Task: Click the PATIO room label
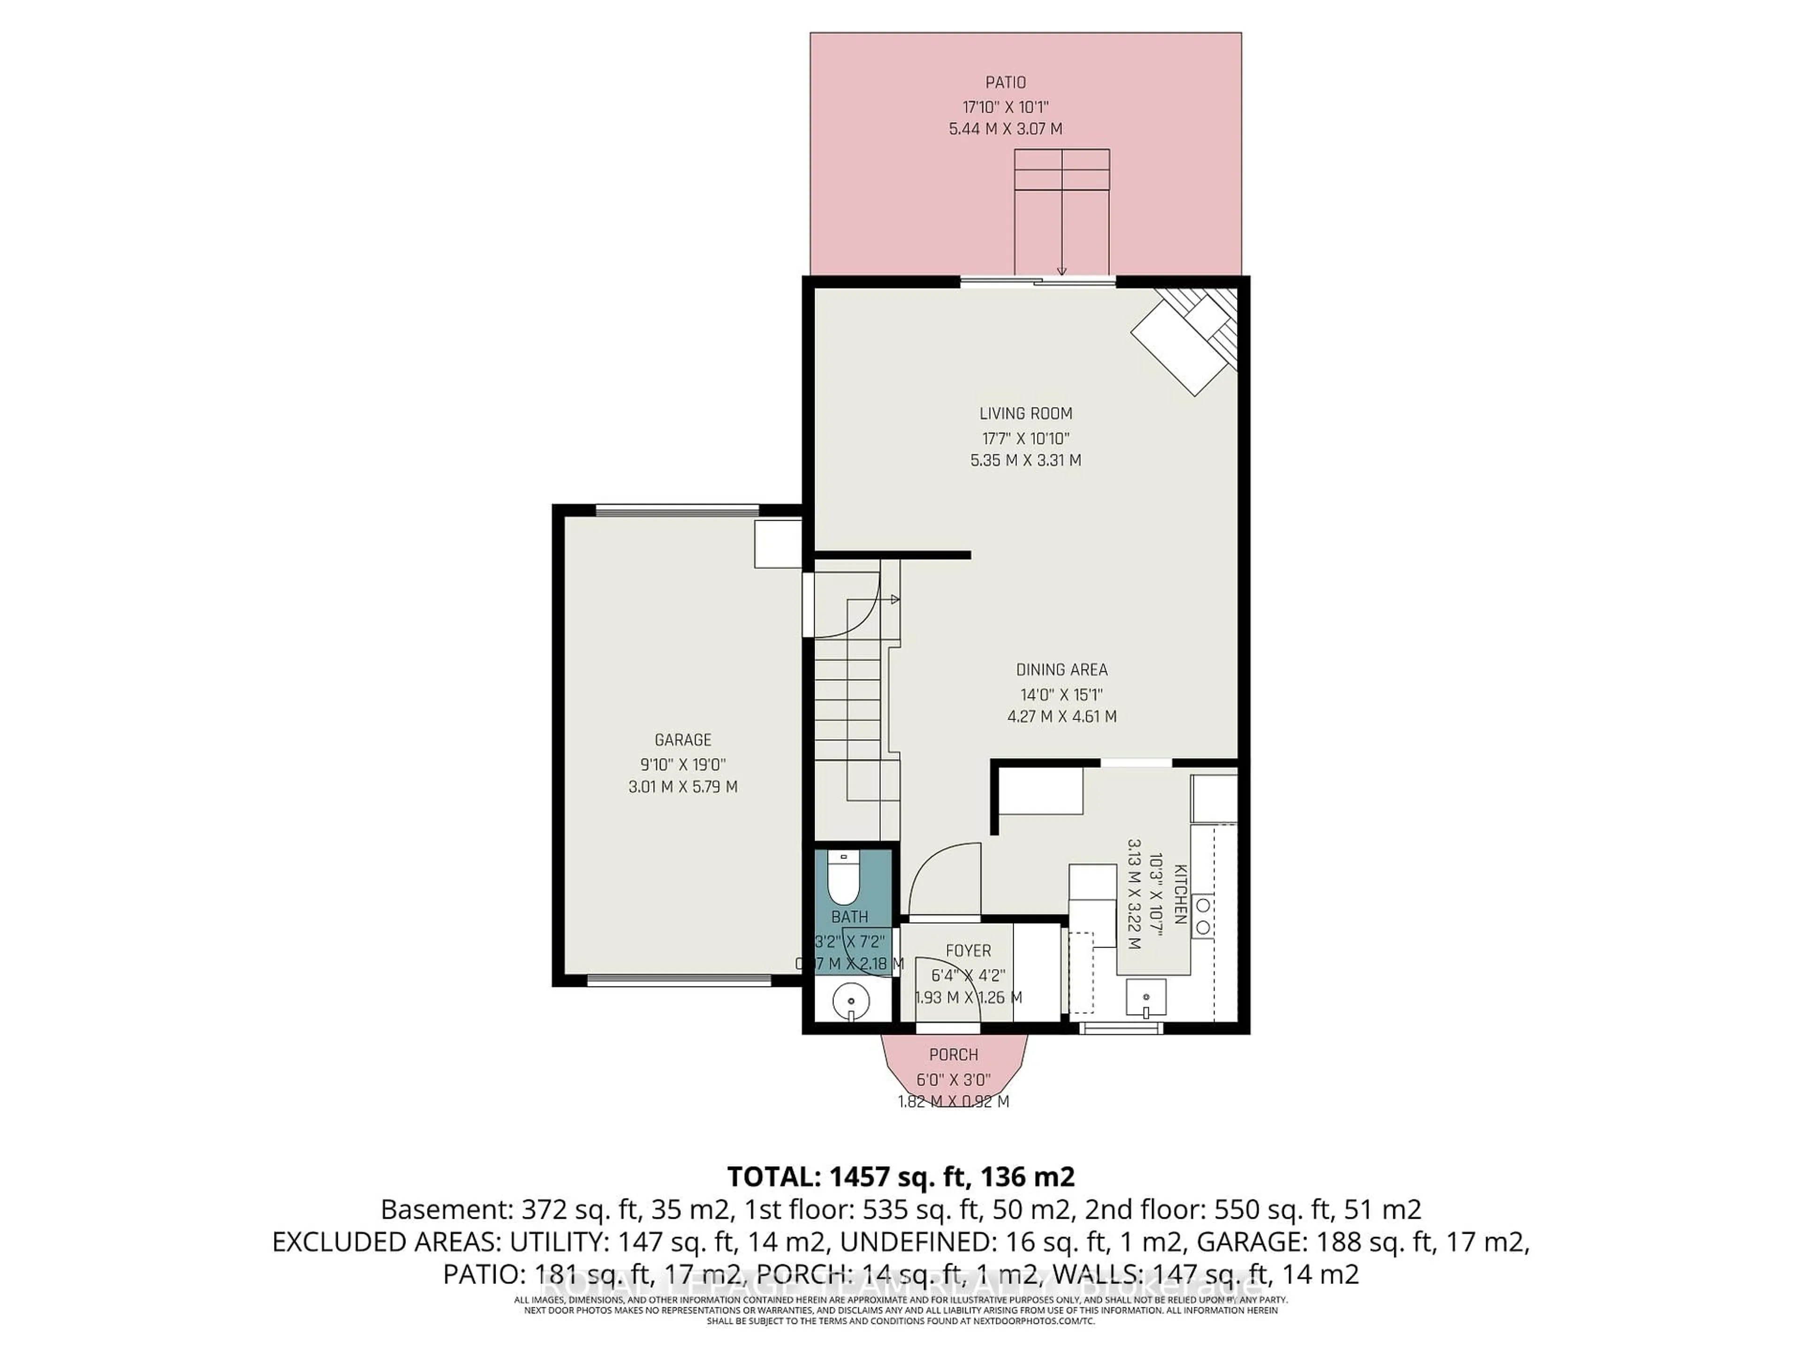tap(1005, 82)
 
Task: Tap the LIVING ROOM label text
tap(1026, 414)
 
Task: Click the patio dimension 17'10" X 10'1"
tap(1005, 106)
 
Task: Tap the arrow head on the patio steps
tap(1061, 271)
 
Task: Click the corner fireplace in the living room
tap(1181, 342)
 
